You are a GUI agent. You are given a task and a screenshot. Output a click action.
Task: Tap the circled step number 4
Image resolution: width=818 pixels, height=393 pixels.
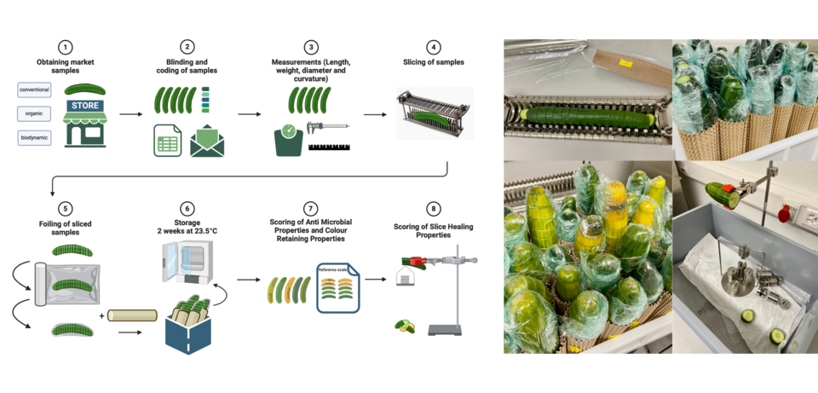tap(434, 47)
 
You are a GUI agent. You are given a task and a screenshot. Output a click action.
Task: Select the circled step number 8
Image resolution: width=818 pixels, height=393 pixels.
tap(434, 208)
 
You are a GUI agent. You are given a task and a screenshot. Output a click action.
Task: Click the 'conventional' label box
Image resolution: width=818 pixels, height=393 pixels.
tap(34, 90)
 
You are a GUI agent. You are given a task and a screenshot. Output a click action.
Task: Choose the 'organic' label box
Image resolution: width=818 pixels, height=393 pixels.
tap(34, 113)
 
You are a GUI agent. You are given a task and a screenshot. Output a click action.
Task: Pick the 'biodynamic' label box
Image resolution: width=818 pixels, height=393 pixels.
tap(34, 137)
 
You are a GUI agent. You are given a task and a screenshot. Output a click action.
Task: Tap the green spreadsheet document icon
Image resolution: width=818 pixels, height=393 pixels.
tap(168, 140)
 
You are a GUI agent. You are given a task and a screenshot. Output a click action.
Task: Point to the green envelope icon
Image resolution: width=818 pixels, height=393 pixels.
tap(207, 140)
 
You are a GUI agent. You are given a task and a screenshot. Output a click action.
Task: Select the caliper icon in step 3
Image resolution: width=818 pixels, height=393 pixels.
tap(326, 129)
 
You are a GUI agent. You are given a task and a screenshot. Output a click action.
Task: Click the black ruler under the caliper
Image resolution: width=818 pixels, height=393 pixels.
tap(328, 148)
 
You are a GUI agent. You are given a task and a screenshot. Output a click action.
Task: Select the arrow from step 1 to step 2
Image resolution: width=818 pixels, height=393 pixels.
tap(130, 113)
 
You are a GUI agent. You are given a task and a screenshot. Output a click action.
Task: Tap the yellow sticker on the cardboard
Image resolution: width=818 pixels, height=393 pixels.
tap(627, 62)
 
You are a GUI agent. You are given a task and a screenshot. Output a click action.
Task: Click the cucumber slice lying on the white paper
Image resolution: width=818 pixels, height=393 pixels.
tap(748, 315)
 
